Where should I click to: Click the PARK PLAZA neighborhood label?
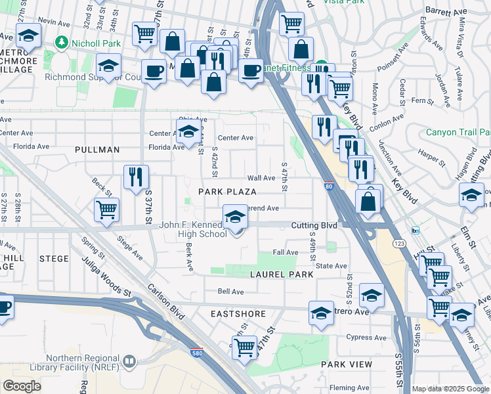click(227, 191)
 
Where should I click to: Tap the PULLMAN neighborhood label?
click(97, 150)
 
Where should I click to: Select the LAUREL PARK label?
click(276, 274)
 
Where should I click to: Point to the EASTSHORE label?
click(237, 314)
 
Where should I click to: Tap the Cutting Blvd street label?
click(314, 225)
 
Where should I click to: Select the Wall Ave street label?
click(261, 178)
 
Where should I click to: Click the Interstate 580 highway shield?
click(197, 353)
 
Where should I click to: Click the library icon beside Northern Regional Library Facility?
click(130, 360)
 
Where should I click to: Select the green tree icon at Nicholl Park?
click(62, 43)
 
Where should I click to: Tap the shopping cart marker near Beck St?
click(106, 210)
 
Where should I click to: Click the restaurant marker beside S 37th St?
click(136, 176)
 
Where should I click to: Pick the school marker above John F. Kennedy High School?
click(235, 216)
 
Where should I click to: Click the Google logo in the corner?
click(22, 385)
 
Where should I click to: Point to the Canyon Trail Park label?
click(458, 132)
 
